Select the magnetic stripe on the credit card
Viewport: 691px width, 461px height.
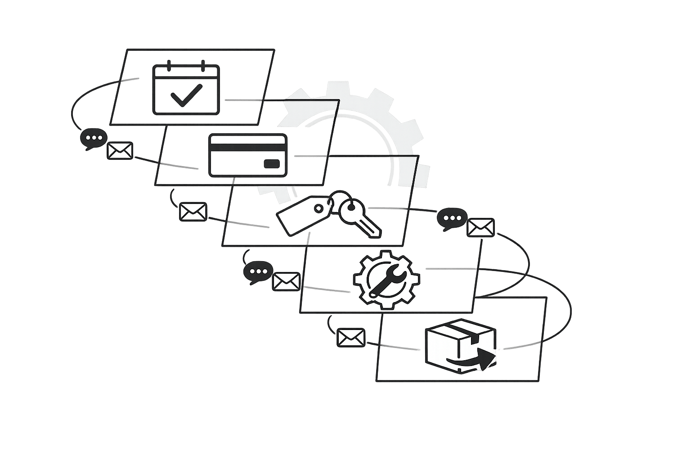[248, 147]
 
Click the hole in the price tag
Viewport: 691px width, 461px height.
[318, 208]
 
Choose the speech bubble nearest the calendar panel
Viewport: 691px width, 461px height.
[94, 139]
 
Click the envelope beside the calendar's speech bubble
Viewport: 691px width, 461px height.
[120, 151]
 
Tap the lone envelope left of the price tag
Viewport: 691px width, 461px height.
[193, 212]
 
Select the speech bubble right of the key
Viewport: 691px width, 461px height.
[452, 219]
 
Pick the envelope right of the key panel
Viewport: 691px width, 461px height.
[480, 228]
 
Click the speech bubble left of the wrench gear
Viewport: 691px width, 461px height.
[258, 272]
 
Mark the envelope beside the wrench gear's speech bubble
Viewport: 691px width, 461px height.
[286, 282]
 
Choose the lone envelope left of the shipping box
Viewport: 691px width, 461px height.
[351, 338]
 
